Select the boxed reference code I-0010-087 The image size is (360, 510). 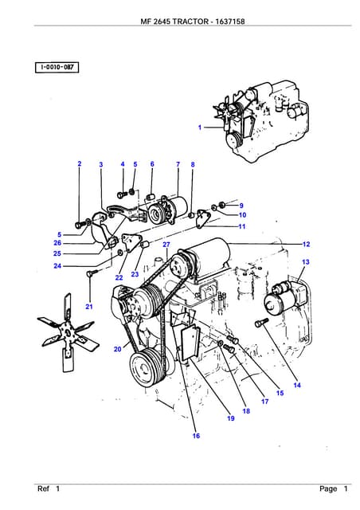coord(57,68)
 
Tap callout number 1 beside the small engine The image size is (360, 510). coord(200,127)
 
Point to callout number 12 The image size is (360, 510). coord(306,244)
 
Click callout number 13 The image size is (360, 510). coord(306,262)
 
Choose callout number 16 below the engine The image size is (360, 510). coord(196,436)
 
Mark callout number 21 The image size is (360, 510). coord(89,307)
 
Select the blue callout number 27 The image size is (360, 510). coord(166,245)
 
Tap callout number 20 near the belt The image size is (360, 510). coord(117,349)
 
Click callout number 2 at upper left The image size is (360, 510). coord(80,164)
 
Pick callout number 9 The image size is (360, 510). coord(241,206)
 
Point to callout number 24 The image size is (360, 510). coord(57,266)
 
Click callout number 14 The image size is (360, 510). coord(297,386)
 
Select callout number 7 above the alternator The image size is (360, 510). coord(178,164)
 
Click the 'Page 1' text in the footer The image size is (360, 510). coord(334,488)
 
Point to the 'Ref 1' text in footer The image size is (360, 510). coord(49,488)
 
